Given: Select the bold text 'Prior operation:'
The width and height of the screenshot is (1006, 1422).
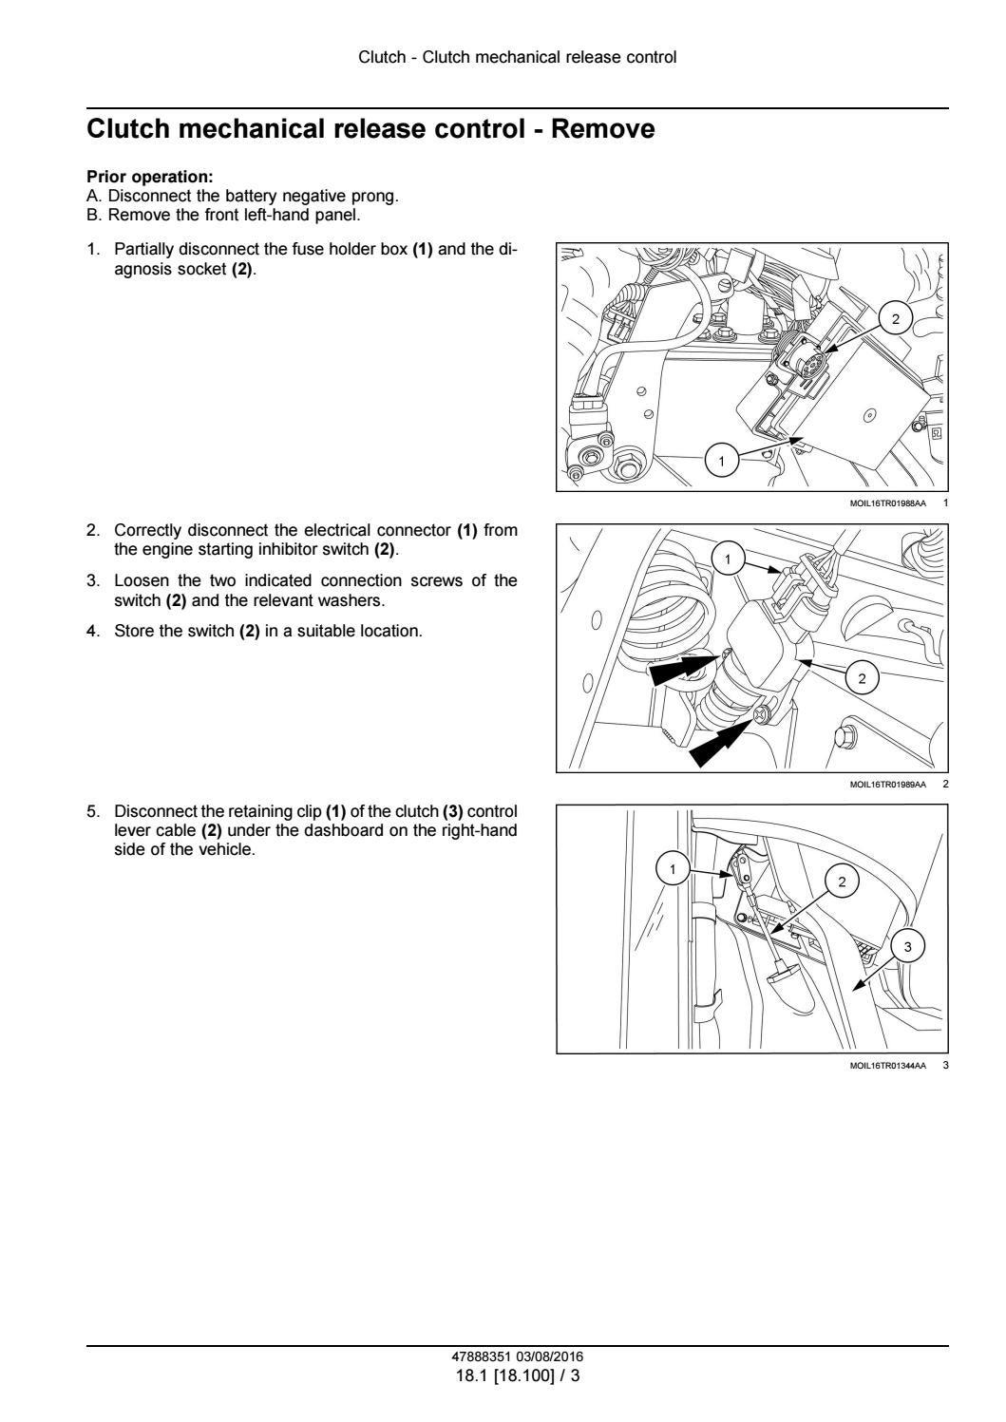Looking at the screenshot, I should click(x=150, y=177).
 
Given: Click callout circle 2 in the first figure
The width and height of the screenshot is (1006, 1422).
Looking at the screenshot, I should click(x=895, y=319).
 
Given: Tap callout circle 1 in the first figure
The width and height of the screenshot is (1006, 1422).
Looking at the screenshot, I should click(x=721, y=462).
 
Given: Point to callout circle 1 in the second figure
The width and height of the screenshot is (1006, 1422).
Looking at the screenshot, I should click(x=728, y=559).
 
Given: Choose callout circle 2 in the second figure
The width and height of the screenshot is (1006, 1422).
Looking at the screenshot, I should click(x=862, y=678).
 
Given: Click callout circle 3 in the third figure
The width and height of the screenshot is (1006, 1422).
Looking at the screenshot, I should click(x=907, y=946).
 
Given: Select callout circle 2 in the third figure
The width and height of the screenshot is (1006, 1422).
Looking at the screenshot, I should click(x=842, y=882).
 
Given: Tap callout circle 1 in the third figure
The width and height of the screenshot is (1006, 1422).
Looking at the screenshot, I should click(x=674, y=869).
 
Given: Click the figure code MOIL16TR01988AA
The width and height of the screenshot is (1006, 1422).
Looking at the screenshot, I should click(x=887, y=503).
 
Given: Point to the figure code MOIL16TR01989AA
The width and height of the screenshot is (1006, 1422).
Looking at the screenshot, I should click(x=887, y=785).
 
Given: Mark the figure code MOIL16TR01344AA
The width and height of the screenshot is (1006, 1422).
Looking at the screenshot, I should click(x=887, y=1066).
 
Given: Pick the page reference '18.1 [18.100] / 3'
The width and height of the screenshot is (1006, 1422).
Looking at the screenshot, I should click(x=518, y=1375).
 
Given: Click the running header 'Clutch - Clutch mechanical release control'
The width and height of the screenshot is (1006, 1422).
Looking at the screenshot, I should click(x=518, y=57).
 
